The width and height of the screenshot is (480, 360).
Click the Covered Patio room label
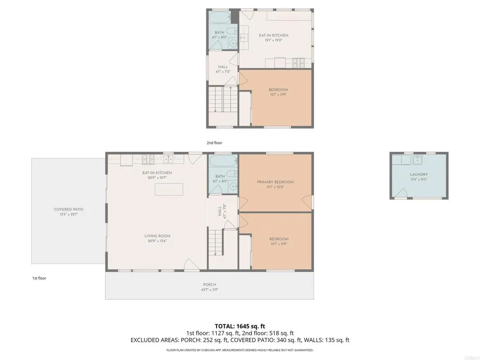click(x=68, y=210)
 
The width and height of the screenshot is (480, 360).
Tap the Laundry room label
click(x=419, y=174)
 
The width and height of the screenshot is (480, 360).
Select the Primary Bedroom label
click(x=275, y=182)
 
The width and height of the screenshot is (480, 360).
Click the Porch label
click(x=210, y=285)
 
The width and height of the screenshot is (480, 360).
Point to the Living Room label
click(x=157, y=236)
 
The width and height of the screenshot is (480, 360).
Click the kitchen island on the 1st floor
click(x=169, y=189)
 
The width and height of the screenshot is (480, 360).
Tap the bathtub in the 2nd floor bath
click(x=220, y=19)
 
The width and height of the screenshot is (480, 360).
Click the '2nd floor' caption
click(x=214, y=142)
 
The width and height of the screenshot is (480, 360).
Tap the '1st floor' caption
click(x=39, y=278)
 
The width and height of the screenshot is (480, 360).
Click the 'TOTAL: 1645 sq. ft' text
click(x=240, y=326)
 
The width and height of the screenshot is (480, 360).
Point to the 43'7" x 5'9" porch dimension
click(x=210, y=289)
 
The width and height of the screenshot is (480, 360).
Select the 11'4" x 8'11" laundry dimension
click(x=419, y=179)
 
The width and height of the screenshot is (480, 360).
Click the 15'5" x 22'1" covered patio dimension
click(x=68, y=214)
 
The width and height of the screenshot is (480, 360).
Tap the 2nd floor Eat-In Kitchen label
click(x=274, y=35)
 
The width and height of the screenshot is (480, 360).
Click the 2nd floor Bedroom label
click(x=278, y=90)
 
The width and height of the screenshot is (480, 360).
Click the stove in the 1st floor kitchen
click(x=149, y=159)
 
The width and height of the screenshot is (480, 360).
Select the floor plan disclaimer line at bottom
click(x=240, y=350)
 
